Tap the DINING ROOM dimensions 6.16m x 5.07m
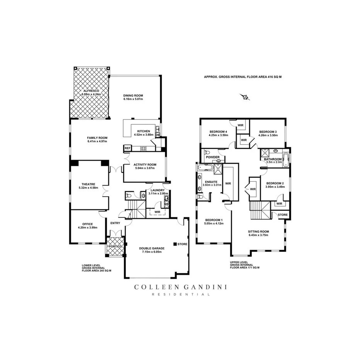(x=133, y=99)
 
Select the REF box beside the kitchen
(x=127, y=148)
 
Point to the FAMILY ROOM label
(x=97, y=138)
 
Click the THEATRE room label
(x=88, y=184)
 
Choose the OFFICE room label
(x=87, y=224)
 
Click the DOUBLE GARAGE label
(x=152, y=248)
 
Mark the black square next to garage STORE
(x=175, y=244)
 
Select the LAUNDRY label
(x=158, y=190)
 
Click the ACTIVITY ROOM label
(x=144, y=164)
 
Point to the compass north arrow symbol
(x=245, y=97)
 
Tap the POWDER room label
(x=212, y=157)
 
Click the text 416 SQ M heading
(x=270, y=77)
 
